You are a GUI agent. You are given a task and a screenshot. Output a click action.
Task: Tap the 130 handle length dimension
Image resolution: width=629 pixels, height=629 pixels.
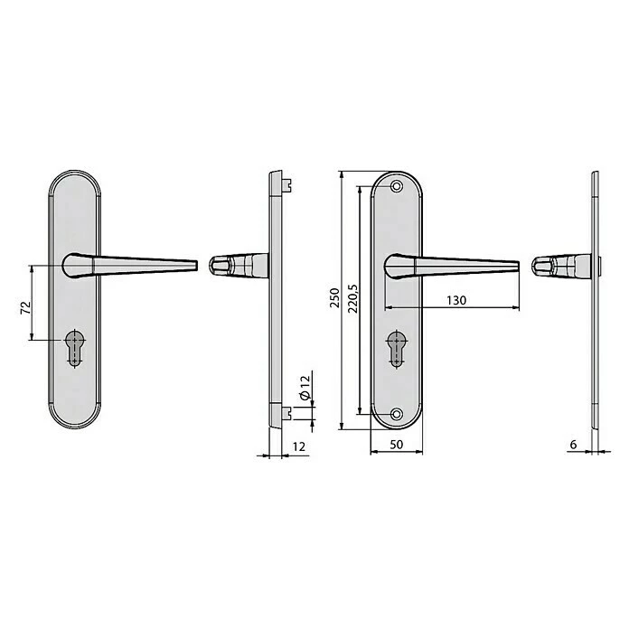pyautogui.click(x=455, y=301)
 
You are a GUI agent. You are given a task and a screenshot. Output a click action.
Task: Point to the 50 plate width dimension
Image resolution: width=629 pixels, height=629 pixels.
pyautogui.click(x=395, y=444)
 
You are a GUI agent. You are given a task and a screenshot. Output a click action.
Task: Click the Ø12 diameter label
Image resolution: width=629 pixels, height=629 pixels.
pyautogui.click(x=305, y=389)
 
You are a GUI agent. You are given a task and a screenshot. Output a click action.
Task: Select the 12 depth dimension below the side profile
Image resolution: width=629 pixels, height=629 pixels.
pyautogui.click(x=298, y=446)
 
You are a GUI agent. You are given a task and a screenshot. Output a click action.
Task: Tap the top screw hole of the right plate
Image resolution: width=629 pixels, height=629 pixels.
pyautogui.click(x=397, y=186)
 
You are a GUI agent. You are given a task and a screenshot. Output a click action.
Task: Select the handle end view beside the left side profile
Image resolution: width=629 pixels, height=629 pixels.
pyautogui.click(x=237, y=266)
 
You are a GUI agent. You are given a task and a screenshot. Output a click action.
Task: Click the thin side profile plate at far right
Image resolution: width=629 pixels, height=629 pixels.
pyautogui.click(x=594, y=298)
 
